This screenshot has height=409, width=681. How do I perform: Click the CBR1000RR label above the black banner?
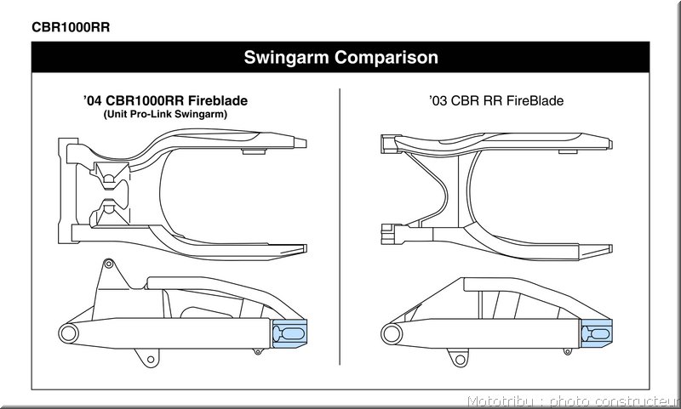(71, 27)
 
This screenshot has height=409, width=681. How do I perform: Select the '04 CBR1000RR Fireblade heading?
(165, 100)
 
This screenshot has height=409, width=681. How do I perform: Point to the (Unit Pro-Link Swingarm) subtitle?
(165, 115)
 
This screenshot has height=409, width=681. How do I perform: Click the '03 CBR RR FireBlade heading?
(496, 100)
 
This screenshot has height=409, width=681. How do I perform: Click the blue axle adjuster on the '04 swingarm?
(289, 333)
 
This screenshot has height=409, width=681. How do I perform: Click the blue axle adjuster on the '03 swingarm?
(597, 333)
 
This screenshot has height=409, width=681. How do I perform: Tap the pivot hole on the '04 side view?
(69, 334)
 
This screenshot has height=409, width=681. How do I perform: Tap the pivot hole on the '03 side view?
(392, 334)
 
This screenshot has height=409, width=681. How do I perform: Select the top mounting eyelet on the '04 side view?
(109, 264)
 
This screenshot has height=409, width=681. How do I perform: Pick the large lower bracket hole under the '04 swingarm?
(151, 359)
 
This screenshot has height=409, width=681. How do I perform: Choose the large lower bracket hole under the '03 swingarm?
(459, 359)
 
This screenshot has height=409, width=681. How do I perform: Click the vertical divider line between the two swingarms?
(340, 226)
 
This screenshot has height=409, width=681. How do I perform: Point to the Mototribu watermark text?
(573, 401)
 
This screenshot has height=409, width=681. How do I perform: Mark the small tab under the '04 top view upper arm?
(254, 151)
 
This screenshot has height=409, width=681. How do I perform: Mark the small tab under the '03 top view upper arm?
(568, 151)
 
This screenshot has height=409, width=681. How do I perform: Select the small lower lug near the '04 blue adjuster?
(258, 351)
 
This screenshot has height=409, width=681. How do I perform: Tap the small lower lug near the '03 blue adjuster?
(567, 351)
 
